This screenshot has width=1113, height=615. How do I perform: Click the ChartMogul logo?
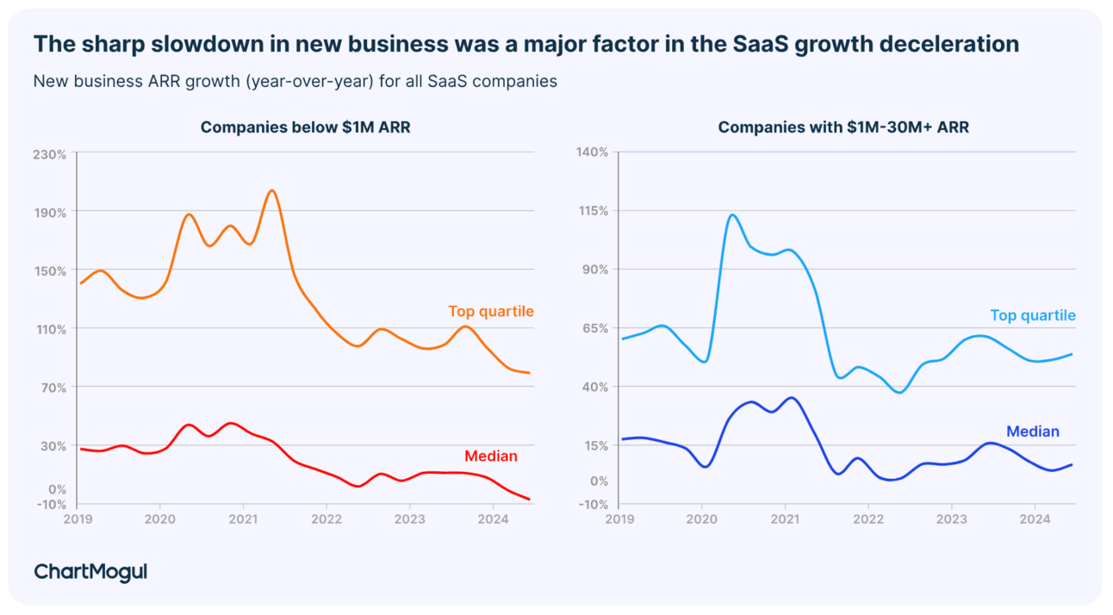pyautogui.click(x=90, y=572)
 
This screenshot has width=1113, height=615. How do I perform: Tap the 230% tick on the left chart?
pyautogui.click(x=49, y=154)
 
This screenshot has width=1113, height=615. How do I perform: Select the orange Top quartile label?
pyautogui.click(x=491, y=312)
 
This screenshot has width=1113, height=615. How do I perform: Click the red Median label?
pyautogui.click(x=491, y=457)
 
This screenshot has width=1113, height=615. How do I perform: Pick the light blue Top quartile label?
pyautogui.click(x=1033, y=316)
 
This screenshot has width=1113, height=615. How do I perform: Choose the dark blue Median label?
pyautogui.click(x=1033, y=432)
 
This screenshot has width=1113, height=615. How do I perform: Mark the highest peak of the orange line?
pyautogui.click(x=271, y=190)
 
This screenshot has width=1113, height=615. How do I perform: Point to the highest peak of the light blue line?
pyautogui.click(x=732, y=214)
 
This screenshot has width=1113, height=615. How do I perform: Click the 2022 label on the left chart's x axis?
pyautogui.click(x=326, y=519)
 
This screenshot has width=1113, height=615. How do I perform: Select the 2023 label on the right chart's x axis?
pyautogui.click(x=951, y=519)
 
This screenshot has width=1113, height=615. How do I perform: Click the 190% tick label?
pyautogui.click(x=49, y=212)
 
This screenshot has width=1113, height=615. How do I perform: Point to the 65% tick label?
pyautogui.click(x=594, y=328)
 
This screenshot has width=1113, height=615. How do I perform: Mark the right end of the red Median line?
pyautogui.click(x=529, y=500)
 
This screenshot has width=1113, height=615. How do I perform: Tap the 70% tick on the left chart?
pyautogui.click(x=53, y=388)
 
